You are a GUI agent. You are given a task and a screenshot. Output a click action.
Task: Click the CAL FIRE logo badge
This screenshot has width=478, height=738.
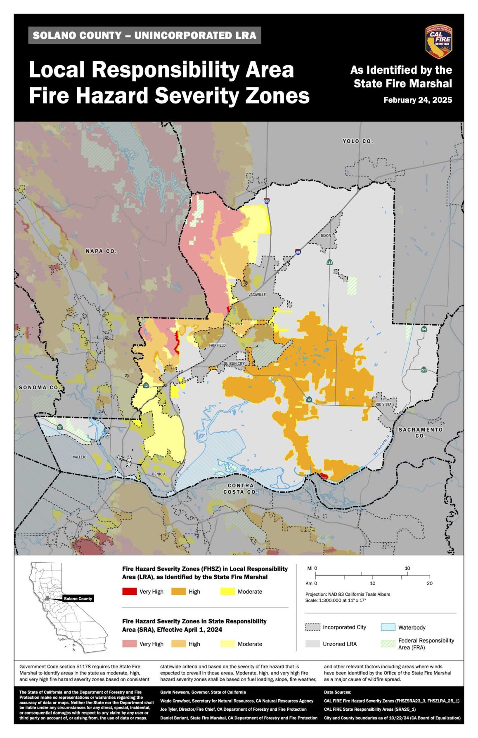tap(439, 41)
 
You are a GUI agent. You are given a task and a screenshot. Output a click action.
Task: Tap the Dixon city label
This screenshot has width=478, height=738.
tap(326, 235)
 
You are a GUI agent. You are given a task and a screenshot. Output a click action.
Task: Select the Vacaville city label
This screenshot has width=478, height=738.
tap(257, 295)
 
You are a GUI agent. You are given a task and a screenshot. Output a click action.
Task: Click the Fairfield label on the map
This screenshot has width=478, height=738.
tap(217, 345)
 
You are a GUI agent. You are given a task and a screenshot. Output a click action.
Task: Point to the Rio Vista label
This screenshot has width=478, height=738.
tap(383, 404)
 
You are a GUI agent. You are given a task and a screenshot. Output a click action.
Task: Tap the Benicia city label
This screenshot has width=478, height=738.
tap(159, 474)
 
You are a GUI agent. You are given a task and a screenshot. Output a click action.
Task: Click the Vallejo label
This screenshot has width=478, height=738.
tap(80, 457)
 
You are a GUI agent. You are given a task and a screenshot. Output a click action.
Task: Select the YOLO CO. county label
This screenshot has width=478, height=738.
tap(357, 141)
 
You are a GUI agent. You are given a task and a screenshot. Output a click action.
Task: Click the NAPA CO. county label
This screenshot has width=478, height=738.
tap(101, 251)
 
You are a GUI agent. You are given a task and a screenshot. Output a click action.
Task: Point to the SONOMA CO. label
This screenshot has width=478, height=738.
tap(39, 388)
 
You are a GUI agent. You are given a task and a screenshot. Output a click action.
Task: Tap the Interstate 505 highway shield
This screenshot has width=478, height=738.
tap(267, 201)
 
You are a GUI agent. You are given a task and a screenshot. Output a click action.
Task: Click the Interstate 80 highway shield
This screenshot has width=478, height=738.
tap(298, 251)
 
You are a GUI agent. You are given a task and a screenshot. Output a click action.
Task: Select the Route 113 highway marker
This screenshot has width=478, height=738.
tap(329, 262)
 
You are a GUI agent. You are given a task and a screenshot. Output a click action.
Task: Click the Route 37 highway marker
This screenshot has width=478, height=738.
tap(60, 427)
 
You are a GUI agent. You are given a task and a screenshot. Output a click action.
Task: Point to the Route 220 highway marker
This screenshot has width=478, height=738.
tap(424, 370)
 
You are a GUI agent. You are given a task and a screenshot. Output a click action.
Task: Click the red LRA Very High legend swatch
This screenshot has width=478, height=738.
tap(129, 592)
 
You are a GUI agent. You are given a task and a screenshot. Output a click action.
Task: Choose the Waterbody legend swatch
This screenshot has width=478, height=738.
tap(388, 628)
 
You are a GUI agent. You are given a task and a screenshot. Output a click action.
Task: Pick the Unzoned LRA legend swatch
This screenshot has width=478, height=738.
tap(312, 644)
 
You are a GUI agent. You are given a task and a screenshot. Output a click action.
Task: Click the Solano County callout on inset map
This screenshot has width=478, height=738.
tap(78, 599)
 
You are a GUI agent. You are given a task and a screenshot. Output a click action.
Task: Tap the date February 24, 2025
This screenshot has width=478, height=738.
tap(417, 100)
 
